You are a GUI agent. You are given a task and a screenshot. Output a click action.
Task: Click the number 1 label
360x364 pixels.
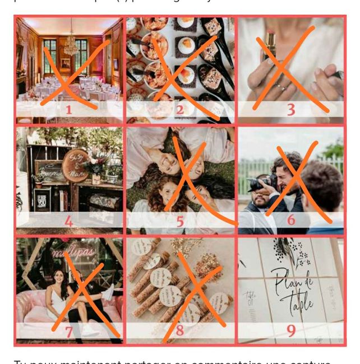[x=68, y=110]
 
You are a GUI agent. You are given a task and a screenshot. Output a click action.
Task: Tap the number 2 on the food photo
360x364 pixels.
[x=179, y=110]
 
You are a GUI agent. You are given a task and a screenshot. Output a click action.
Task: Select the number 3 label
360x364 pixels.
[x=290, y=110]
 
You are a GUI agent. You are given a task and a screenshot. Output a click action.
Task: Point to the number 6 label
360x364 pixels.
[x=290, y=220]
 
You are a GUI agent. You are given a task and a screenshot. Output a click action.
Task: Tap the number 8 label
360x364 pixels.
[x=179, y=331]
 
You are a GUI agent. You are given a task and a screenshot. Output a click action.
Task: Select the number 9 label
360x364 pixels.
[x=290, y=331]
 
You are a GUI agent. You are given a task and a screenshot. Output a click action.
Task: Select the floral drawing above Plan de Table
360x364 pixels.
[x=295, y=251]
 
